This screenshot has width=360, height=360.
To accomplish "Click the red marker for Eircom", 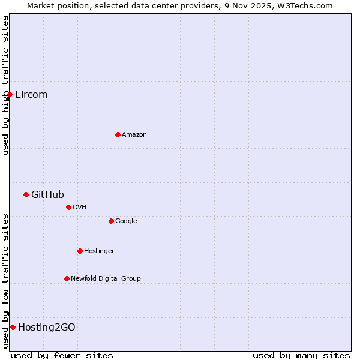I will click(10, 94).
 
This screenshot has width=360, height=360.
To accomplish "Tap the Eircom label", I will click(31, 95).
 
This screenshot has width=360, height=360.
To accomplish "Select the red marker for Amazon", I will click(118, 134).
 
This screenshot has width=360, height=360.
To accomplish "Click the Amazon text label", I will click(134, 135).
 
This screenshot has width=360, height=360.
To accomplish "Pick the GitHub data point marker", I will click(26, 194).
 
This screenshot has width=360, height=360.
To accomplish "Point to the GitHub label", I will click(47, 194).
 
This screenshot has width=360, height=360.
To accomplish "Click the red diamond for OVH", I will click(68, 207).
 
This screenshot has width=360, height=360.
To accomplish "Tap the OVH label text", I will click(80, 208).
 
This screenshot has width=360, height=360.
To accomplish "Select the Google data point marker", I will click(111, 221).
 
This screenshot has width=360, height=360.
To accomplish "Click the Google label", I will click(126, 221).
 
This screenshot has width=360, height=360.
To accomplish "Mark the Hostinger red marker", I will click(80, 251).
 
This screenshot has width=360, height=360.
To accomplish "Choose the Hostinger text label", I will click(99, 251).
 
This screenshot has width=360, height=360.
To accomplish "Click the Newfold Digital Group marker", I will click(67, 278).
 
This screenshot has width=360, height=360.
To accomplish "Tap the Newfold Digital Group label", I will click(106, 279).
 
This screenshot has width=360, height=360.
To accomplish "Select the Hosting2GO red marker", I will click(13, 327).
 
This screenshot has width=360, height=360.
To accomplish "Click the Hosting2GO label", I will click(47, 328).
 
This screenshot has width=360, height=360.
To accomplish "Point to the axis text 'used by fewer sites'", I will click(62, 355).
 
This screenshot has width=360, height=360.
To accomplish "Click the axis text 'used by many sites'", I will click(301, 355).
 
